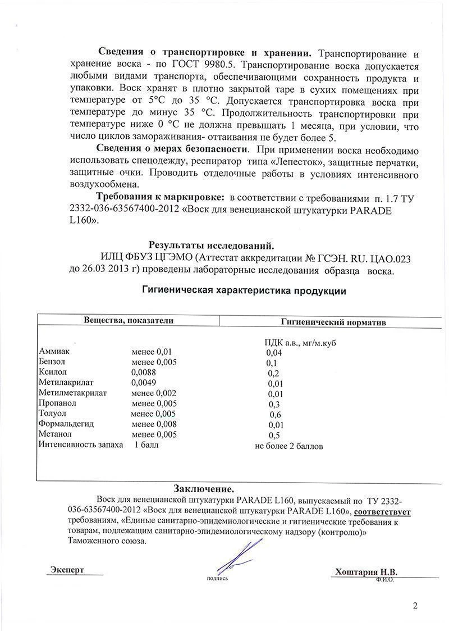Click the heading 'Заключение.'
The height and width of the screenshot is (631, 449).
[x=204, y=487]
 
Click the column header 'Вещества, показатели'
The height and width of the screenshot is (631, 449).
[x=129, y=320]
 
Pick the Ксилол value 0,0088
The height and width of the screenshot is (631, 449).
[x=144, y=372]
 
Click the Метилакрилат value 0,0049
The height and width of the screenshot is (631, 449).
[x=144, y=383]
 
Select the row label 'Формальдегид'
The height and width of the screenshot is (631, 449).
[x=66, y=424]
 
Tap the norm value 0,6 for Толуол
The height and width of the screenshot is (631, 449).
[x=275, y=414]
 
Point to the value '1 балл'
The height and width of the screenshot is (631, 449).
[x=146, y=445]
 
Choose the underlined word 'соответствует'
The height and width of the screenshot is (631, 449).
[x=383, y=511]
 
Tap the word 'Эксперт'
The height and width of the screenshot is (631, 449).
[x=67, y=570]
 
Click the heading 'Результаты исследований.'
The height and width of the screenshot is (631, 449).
[x=211, y=245]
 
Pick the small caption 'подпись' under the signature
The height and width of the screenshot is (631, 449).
[x=218, y=578]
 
